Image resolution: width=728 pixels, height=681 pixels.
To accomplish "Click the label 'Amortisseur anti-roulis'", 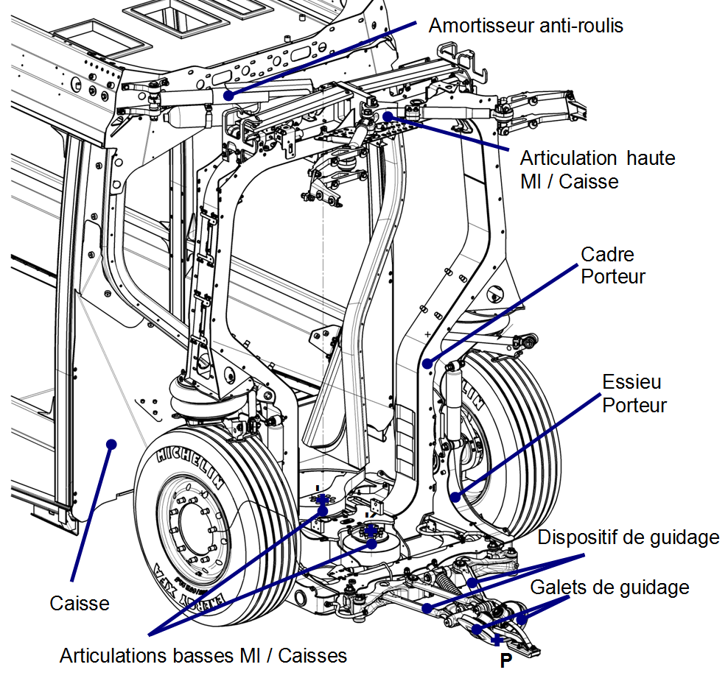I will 526,26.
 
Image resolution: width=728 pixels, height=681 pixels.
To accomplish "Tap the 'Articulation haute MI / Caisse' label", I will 597,169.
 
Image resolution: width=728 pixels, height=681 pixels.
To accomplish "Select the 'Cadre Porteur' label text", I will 613,266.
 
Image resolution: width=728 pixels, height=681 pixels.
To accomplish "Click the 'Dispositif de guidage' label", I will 628,537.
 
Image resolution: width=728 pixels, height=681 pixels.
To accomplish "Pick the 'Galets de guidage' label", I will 609,588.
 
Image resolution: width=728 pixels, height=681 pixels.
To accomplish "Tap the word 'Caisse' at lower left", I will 80,604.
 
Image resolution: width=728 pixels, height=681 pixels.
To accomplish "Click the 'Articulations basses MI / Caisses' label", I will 203,654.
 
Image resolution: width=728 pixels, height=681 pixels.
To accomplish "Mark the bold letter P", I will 505,660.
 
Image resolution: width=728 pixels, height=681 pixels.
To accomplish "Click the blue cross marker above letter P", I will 498,640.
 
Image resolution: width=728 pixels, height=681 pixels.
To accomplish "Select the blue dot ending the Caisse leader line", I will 111,443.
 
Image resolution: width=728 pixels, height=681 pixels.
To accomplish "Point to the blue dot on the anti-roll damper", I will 228,95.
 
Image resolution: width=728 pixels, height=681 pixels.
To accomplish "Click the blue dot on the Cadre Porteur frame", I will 428,363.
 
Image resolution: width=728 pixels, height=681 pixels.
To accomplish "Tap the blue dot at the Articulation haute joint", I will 387,116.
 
